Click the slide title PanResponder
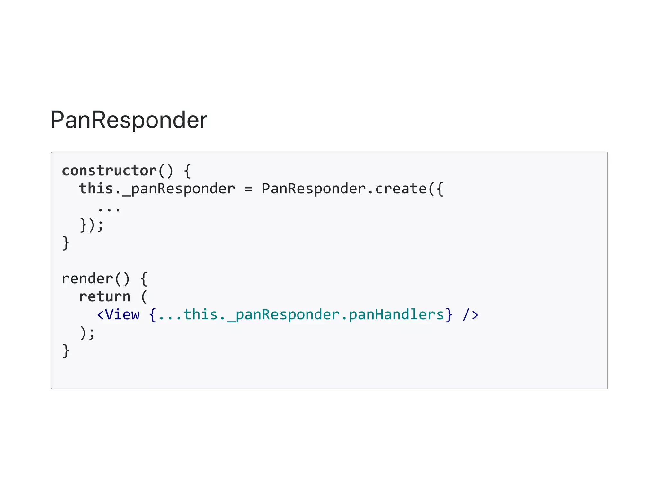pyautogui.click(x=129, y=120)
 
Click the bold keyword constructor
pyautogui.click(x=109, y=171)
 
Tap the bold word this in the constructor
pyautogui.click(x=96, y=189)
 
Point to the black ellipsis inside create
pyautogui.click(x=109, y=210)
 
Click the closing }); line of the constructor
pyautogui.click(x=92, y=225)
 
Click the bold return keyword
pyautogui.click(x=105, y=296)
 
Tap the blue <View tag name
pyautogui.click(x=119, y=314)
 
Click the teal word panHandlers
pyautogui.click(x=396, y=314)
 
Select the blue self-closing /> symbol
pyautogui.click(x=470, y=314)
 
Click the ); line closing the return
pyautogui.click(x=87, y=332)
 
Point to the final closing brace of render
pyautogui.click(x=66, y=351)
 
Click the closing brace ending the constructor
pyautogui.click(x=66, y=243)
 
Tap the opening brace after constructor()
pyautogui.click(x=188, y=171)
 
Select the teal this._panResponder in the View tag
pyautogui.click(x=262, y=314)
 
